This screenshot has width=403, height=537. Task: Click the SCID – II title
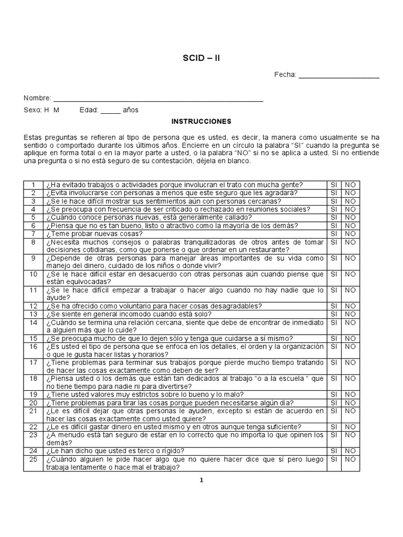[201, 58]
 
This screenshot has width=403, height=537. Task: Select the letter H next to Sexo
[47, 110]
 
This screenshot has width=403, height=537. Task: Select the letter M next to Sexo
[56, 110]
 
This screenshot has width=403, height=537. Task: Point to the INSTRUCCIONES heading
[201, 122]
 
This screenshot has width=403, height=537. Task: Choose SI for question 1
[333, 185]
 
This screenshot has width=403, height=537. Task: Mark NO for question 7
[350, 234]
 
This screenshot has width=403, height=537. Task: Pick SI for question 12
[333, 306]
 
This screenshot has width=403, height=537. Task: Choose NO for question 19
[350, 394]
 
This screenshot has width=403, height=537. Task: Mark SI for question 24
[333, 451]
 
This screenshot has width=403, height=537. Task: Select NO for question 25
[350, 459]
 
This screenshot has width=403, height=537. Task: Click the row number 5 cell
[33, 218]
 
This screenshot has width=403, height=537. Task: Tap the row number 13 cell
[33, 314]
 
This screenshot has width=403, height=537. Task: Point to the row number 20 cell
[33, 403]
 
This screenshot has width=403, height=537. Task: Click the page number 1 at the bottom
[201, 480]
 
